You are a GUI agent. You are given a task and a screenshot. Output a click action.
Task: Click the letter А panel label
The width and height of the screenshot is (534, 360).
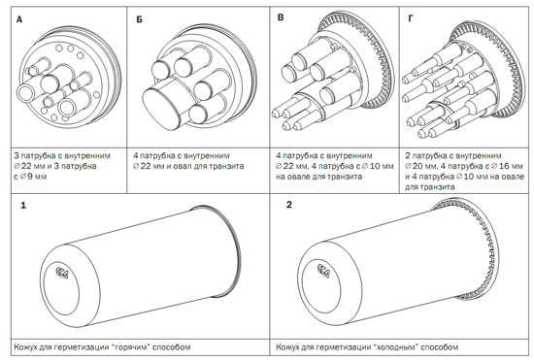tap(19, 20)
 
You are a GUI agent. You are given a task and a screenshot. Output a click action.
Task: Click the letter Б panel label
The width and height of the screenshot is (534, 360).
tap(139, 19)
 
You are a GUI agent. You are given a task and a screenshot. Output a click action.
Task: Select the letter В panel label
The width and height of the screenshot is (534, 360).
tap(281, 17)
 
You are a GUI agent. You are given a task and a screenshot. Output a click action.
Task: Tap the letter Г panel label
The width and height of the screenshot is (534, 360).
tap(411, 18)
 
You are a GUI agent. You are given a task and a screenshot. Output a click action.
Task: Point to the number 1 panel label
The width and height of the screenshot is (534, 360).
tap(23, 206)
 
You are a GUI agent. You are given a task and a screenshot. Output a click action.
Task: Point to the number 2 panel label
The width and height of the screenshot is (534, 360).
tap(289, 205)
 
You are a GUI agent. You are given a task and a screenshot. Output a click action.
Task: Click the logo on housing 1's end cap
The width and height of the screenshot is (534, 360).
tap(61, 273)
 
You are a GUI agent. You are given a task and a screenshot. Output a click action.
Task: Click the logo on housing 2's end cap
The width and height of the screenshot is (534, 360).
tap(323, 271)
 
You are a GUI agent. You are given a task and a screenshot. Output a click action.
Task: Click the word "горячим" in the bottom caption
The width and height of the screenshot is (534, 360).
tap(132, 347)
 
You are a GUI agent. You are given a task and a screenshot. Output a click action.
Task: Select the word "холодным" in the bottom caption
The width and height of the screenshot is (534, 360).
tap(397, 347)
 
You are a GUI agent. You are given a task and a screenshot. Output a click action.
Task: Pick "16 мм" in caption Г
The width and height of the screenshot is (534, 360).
tap(507, 166)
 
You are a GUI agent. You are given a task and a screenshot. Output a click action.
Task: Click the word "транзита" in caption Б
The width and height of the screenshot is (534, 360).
tap(227, 166)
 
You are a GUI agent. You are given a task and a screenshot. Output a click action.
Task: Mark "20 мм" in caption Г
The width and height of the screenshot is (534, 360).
tap(420, 166)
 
